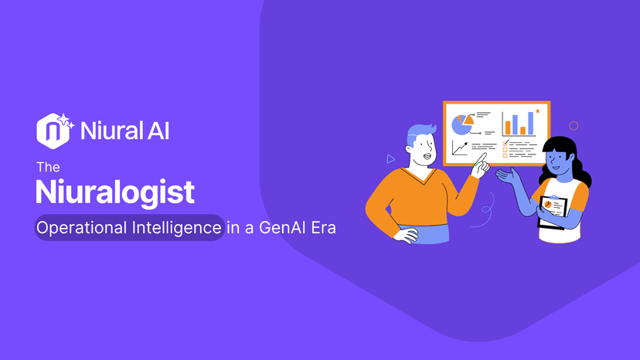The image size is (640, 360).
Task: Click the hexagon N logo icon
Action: (x=49, y=131)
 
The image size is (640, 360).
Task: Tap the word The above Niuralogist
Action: (x=47, y=166)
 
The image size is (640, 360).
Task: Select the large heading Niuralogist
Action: (x=115, y=191)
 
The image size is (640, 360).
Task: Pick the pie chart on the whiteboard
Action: (x=462, y=123)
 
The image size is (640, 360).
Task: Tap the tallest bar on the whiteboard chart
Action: (x=531, y=122)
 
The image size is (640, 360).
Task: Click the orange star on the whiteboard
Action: (x=537, y=111)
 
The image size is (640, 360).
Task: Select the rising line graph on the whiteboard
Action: (x=460, y=147)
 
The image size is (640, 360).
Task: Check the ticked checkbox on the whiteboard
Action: (x=506, y=143)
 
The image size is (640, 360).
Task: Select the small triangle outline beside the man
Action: (x=391, y=159)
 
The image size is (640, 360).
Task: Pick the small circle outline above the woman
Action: (x=573, y=125)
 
